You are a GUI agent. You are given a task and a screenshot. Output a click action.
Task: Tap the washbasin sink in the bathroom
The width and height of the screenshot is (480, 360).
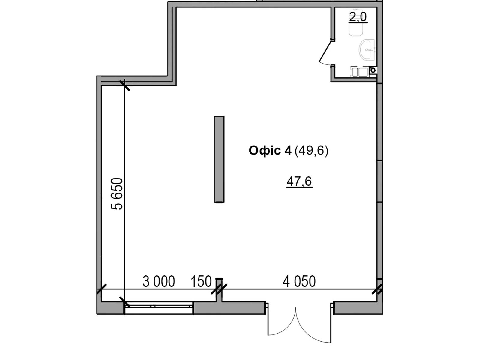coord(367,49)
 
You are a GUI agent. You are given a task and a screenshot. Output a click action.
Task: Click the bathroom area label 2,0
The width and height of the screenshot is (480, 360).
coord(358,17)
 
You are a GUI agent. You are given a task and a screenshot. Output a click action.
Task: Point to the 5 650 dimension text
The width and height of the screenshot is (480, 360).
coord(117,193)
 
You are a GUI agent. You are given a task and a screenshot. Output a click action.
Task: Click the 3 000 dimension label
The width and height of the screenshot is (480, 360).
coord(159,282)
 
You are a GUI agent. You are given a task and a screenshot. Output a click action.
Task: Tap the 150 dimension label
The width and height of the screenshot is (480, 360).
coord(201,282)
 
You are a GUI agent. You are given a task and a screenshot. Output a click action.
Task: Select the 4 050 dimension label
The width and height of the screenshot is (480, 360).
coord(299,282)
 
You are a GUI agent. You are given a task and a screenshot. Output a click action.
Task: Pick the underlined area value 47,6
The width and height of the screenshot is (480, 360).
coord(299,181)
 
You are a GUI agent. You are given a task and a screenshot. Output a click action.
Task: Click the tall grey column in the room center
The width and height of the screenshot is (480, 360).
coord(219,159)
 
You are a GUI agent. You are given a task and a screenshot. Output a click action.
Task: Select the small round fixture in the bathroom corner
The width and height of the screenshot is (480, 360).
coord(373,70)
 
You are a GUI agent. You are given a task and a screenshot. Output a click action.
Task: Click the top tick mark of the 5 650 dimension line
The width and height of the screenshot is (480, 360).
coord(124,85)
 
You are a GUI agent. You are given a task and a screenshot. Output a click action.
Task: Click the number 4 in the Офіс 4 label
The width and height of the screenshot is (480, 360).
coord(288,150)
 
